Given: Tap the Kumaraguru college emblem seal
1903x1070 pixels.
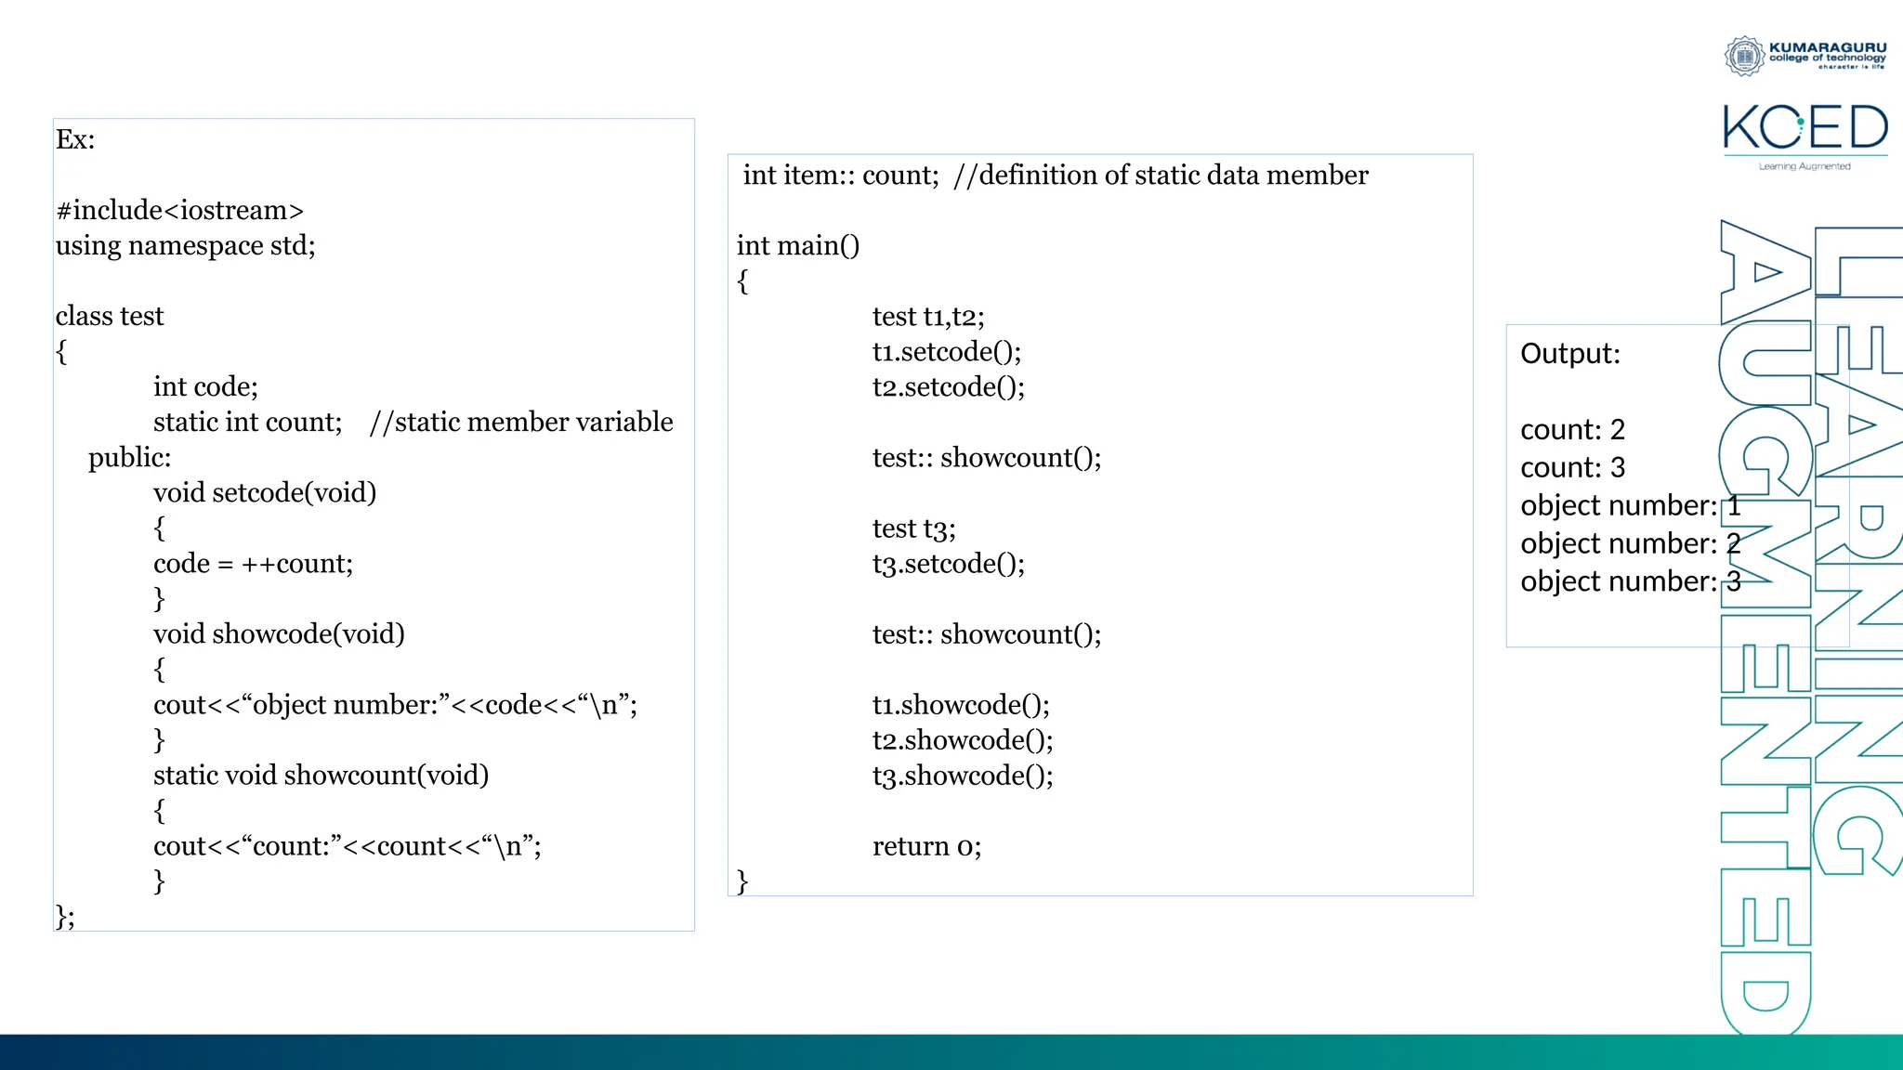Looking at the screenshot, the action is pos(1744,56).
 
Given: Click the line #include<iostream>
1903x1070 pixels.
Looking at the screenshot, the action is pos(179,210).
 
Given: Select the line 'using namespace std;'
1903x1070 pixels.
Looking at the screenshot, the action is pos(185,245).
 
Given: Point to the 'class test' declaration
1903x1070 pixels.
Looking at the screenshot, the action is pos(109,316).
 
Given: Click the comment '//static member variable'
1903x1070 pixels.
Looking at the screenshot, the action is pos(520,422).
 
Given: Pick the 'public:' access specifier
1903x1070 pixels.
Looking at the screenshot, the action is pos(129,457).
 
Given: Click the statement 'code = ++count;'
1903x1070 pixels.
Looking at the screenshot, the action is pos(253,563).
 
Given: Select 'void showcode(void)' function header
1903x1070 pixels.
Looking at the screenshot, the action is pos(279,633).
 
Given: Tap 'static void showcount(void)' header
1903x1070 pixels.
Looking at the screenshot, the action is pos(321,775).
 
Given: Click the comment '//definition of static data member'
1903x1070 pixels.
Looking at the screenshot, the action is pos(1161,175).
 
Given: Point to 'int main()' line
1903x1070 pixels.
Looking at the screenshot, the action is pos(798,245).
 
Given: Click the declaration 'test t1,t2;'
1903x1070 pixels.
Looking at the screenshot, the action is pos(928,316).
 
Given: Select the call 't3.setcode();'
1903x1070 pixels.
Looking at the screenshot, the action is pos(948,563).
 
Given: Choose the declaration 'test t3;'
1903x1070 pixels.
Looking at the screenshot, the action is pos(913,528).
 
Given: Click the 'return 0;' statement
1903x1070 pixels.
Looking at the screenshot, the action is pos(926,845).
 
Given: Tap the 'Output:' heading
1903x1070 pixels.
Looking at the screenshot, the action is pos(1569,353).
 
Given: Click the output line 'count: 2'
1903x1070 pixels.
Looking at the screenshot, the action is pos(1572,429).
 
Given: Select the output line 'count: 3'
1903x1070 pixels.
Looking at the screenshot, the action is pos(1572,467).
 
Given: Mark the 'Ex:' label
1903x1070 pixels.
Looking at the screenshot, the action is pos(75,139).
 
